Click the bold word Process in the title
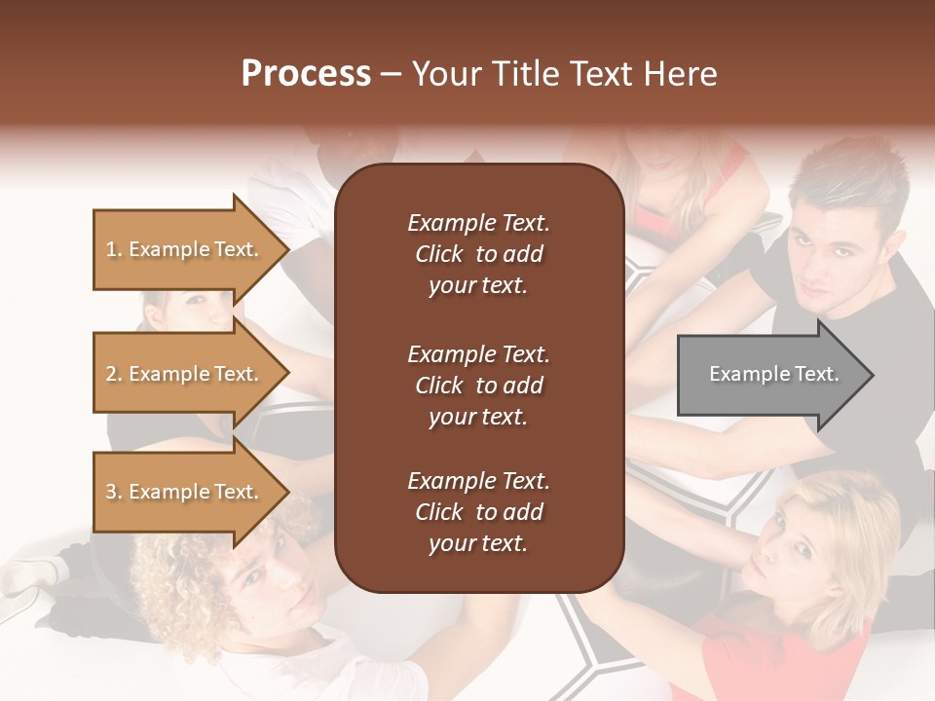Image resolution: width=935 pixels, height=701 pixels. (x=306, y=74)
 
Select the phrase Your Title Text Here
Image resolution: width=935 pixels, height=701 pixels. (x=564, y=74)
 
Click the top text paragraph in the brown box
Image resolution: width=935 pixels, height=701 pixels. (x=478, y=254)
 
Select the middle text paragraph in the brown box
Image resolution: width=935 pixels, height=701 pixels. (x=478, y=386)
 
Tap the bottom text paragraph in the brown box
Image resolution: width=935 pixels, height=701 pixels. (x=478, y=512)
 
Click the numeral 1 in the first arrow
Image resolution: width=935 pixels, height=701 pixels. (x=110, y=249)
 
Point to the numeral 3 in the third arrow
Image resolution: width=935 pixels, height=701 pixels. (x=110, y=492)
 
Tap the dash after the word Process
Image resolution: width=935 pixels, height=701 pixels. (x=392, y=75)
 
